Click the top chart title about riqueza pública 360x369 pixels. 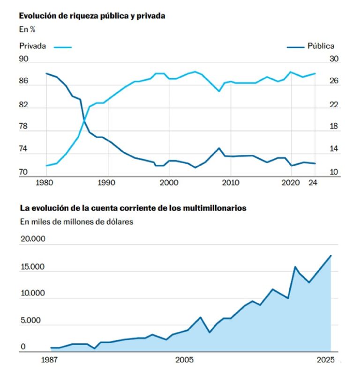(x=92, y=15)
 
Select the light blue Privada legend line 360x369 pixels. (x=63, y=46)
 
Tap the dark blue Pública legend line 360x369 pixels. (x=295, y=46)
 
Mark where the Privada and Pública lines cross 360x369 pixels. (x=84, y=121)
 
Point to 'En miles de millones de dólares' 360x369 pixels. (x=76, y=221)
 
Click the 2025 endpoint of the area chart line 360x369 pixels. (x=331, y=255)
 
